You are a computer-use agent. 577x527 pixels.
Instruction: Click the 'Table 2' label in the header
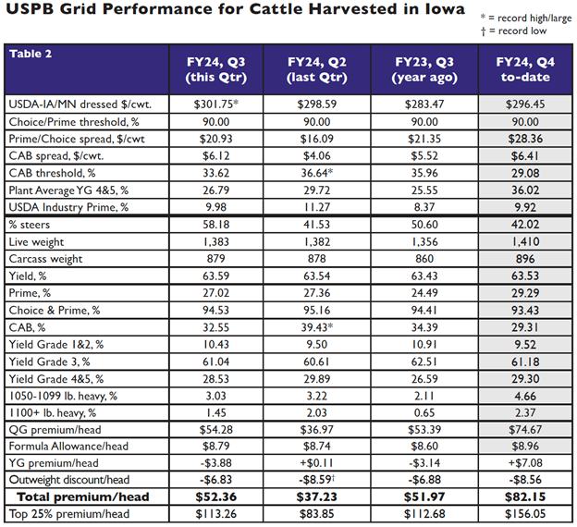point(33,54)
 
